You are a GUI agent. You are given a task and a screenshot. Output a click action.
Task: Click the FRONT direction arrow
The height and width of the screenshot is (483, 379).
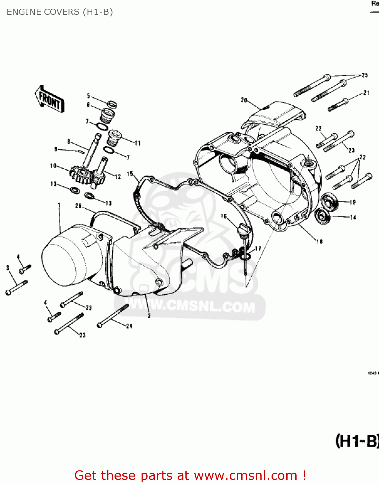pos(50,99)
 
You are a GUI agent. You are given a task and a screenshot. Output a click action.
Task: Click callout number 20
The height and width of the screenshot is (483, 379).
pos(244,100)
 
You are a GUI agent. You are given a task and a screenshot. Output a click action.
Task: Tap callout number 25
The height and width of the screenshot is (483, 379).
pos(365,75)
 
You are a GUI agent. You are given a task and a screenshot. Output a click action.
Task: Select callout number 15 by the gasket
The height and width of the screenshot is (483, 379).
pos(130,174)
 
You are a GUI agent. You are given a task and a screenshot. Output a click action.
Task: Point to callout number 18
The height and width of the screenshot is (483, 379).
pos(319,241)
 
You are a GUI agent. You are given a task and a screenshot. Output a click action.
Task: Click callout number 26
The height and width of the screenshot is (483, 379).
pos(78,206)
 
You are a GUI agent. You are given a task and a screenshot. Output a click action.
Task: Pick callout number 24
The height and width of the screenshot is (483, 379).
pos(129,326)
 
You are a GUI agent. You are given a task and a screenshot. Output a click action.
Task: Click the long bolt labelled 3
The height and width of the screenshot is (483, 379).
pos(17,287)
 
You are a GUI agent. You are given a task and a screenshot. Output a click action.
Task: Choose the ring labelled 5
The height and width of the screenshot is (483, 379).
pos(112,104)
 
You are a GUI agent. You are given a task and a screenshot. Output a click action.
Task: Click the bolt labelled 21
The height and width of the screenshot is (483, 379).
pos(338,104)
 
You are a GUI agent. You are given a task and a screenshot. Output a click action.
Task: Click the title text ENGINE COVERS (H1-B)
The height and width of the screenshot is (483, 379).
pos(60,12)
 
